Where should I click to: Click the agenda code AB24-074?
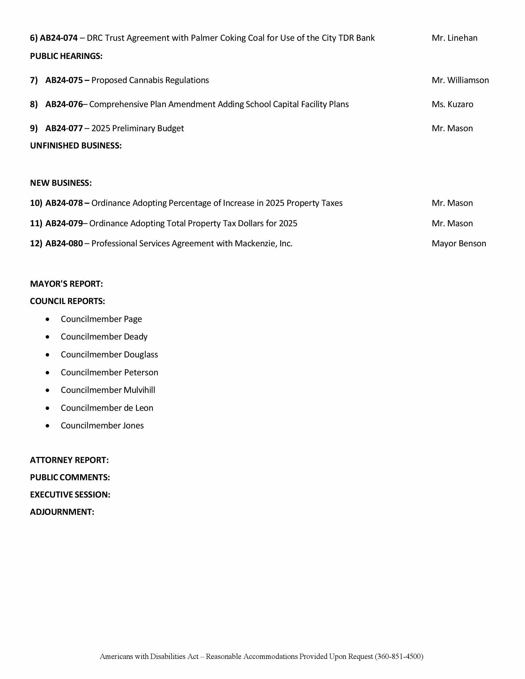click(x=58, y=38)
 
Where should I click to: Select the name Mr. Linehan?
click(x=454, y=38)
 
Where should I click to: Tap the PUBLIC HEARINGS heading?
click(x=66, y=56)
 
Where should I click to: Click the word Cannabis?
click(x=146, y=80)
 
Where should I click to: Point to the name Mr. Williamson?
click(x=460, y=80)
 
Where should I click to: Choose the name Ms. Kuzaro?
click(x=452, y=104)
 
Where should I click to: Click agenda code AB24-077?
click(x=64, y=128)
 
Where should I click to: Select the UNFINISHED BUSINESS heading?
click(x=76, y=145)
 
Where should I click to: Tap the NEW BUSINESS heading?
click(x=61, y=183)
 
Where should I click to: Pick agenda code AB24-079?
click(x=64, y=223)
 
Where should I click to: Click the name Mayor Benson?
click(x=459, y=244)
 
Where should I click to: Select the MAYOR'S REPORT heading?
click(x=66, y=284)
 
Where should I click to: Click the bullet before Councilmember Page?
click(x=47, y=319)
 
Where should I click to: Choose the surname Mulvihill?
click(x=139, y=390)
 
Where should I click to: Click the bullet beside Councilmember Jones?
click(x=47, y=426)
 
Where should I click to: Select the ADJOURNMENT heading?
click(x=62, y=512)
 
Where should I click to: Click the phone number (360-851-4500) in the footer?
click(x=399, y=656)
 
